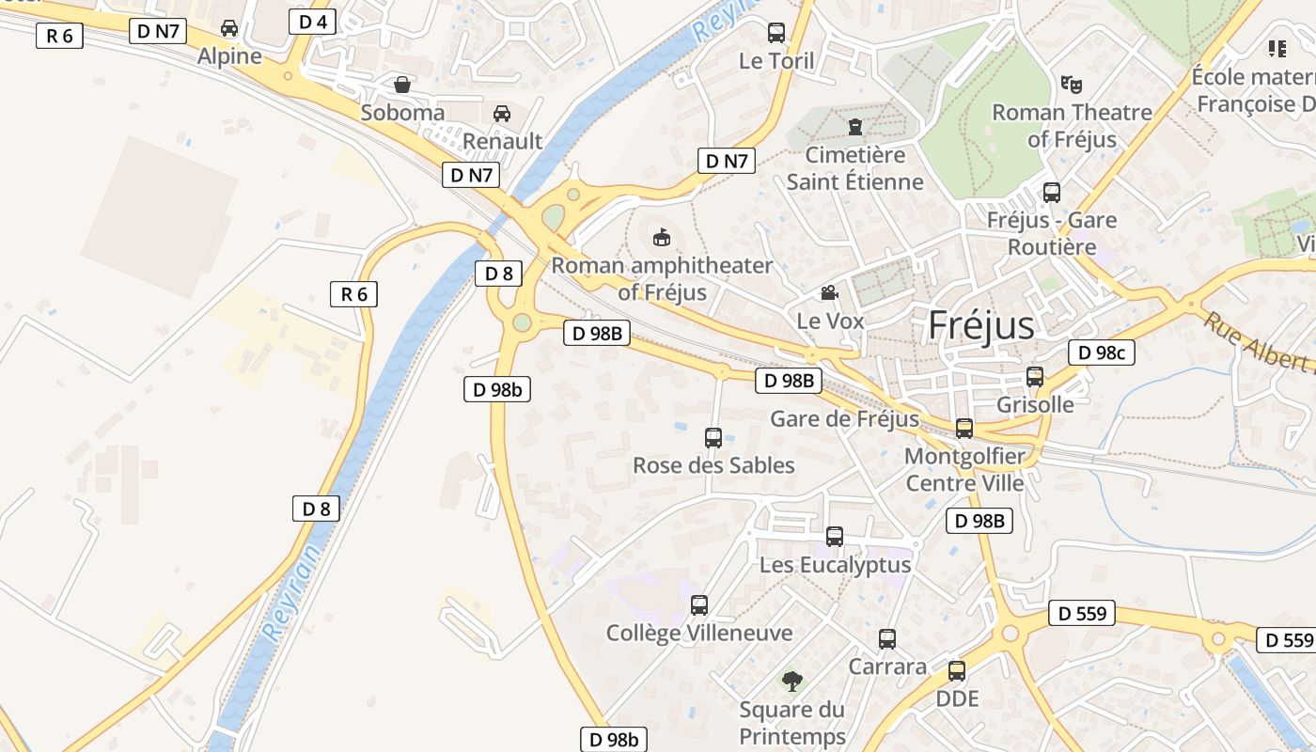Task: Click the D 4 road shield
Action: pyautogui.click(x=312, y=22)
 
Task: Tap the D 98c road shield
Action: pyautogui.click(x=1102, y=352)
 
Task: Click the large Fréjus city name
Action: pyautogui.click(x=980, y=325)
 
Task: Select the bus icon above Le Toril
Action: pyautogui.click(x=776, y=33)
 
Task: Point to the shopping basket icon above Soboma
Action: pyautogui.click(x=402, y=85)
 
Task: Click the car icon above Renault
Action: pyautogui.click(x=502, y=114)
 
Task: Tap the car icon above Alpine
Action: pyautogui.click(x=229, y=28)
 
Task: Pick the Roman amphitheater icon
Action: pyautogui.click(x=662, y=237)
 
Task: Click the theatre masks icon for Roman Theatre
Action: pyautogui.click(x=1070, y=84)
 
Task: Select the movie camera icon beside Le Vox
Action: pyautogui.click(x=829, y=293)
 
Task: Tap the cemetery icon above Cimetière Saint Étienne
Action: pyautogui.click(x=855, y=126)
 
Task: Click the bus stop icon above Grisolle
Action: pyautogui.click(x=1035, y=376)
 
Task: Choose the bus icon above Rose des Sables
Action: pyautogui.click(x=713, y=437)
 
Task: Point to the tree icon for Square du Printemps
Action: pyautogui.click(x=792, y=680)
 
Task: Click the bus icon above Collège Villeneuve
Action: pyautogui.click(x=699, y=604)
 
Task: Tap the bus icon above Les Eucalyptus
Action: pyautogui.click(x=835, y=537)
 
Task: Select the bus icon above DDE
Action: pyautogui.click(x=957, y=670)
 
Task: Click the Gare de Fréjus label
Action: pyautogui.click(x=844, y=418)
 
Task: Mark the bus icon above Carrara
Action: pyautogui.click(x=887, y=639)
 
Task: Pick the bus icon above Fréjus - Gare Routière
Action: pyautogui.click(x=1052, y=192)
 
